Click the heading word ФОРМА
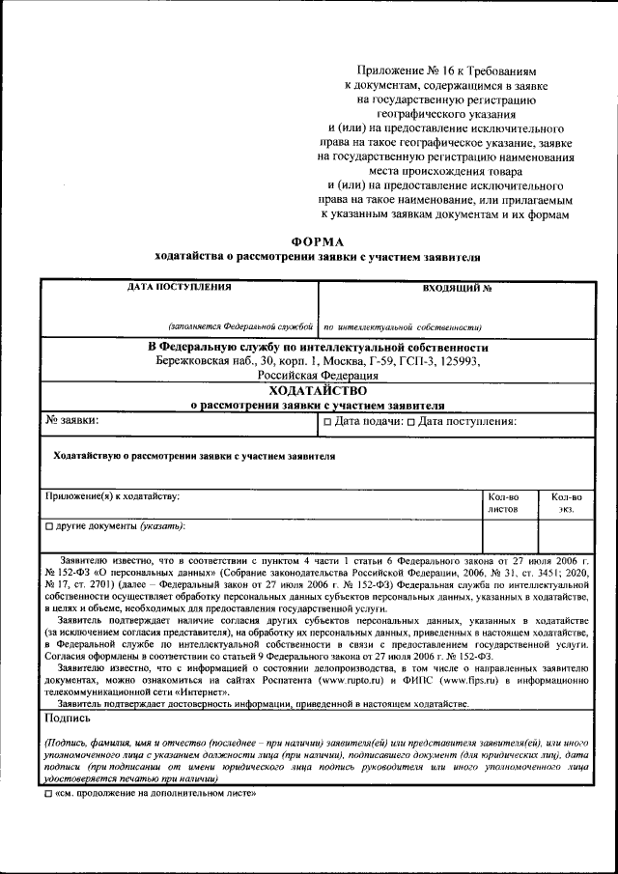317,241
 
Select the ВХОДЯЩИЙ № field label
457,288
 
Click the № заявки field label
71,421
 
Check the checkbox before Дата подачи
328,422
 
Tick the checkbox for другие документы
49,527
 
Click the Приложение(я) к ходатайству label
112,495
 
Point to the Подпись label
68,719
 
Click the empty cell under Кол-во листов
510,536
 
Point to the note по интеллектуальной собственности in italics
403,327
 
